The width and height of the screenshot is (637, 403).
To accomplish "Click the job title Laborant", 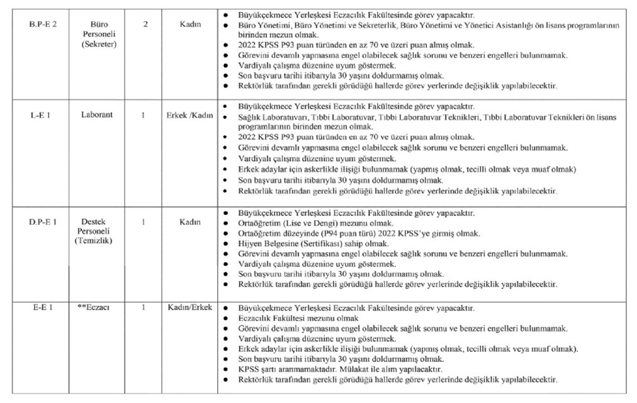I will (96, 115).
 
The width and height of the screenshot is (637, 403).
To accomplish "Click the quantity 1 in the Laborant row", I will (144, 115).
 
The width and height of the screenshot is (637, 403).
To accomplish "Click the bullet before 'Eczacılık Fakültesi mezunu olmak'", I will (226, 319).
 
